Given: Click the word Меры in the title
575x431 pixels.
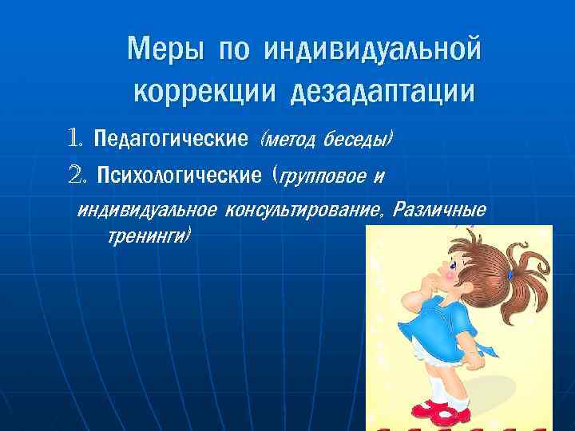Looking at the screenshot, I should [x=165, y=51].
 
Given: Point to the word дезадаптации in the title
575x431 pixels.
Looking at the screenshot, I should [x=382, y=92].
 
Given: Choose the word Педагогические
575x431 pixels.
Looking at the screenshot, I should [x=171, y=140].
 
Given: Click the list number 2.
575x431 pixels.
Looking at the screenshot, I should [x=77, y=174].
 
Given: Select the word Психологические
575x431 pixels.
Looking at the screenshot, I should [x=180, y=175].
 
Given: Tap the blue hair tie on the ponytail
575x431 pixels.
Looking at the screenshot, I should [x=510, y=275].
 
